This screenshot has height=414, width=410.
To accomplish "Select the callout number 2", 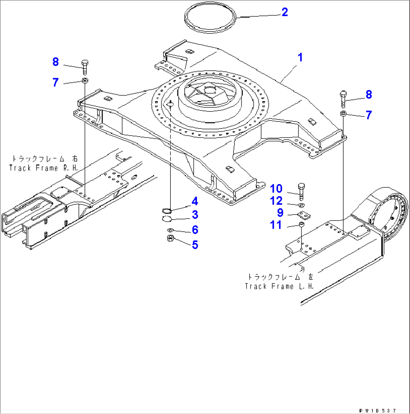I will (284, 12).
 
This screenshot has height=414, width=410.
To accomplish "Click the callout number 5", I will (194, 245).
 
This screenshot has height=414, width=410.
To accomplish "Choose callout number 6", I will (194, 230).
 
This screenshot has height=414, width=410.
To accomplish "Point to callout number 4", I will (194, 202).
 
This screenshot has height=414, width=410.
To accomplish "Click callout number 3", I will (194, 215).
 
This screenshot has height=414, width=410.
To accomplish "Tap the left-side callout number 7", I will (56, 82).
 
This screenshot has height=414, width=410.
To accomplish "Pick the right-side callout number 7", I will (369, 115).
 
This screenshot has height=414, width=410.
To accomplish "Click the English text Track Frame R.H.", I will (44, 168).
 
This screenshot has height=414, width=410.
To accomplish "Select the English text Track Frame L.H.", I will (279, 286).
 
